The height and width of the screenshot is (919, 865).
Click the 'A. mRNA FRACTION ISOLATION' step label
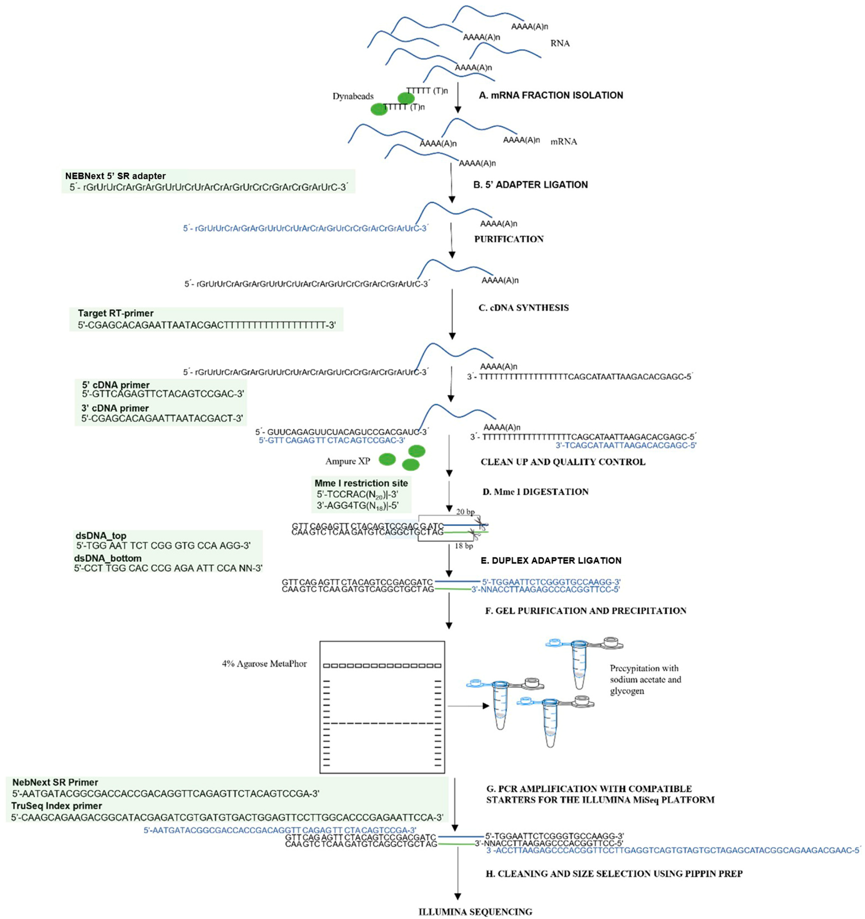tap(551, 95)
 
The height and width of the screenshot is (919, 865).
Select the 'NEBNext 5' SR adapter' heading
tap(115, 176)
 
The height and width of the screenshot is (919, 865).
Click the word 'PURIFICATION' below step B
tap(509, 239)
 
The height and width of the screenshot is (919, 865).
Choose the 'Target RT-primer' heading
tap(116, 313)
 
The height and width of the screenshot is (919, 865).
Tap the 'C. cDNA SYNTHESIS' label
tap(523, 308)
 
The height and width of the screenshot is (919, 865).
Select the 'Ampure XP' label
tap(347, 461)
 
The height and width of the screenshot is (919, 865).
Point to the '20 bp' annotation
tap(465, 512)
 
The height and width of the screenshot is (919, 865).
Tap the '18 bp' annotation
tap(464, 546)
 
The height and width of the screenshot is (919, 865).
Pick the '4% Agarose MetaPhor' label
tap(264, 664)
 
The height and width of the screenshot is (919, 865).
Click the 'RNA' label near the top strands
tap(560, 43)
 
